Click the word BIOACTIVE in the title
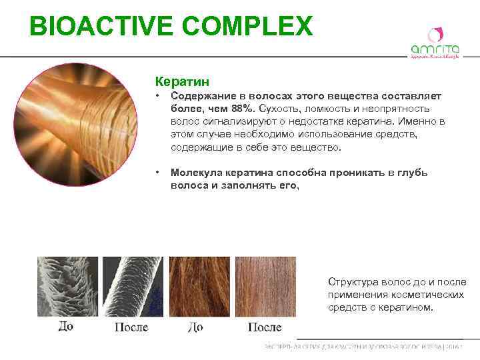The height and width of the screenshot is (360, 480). (x=89, y=27)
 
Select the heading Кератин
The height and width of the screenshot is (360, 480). (x=182, y=81)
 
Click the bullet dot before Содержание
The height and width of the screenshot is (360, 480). (x=157, y=97)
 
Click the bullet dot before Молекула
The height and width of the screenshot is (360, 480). (x=157, y=173)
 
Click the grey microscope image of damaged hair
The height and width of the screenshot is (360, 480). (x=67, y=287)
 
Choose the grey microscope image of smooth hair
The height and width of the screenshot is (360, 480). (x=132, y=287)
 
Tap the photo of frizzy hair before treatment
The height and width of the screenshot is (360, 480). (x=195, y=287)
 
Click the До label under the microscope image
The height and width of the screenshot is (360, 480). (x=66, y=327)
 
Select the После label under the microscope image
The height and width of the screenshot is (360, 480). (x=131, y=327)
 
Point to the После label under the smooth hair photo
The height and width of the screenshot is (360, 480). (x=265, y=327)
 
